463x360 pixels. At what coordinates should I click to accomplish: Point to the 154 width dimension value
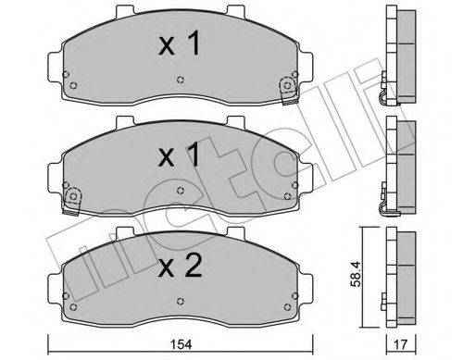tap(181, 344)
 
